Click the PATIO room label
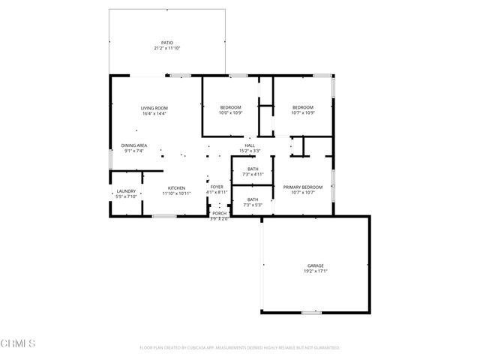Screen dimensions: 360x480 pyautogui.click(x=166, y=43)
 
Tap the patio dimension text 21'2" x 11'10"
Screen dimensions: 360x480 pyautogui.click(x=166, y=48)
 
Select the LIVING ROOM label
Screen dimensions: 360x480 pyautogui.click(x=154, y=108)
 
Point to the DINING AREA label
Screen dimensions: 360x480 pyautogui.click(x=133, y=145)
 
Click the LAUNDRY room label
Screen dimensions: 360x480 pyautogui.click(x=126, y=190)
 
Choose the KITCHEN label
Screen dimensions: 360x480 pyautogui.click(x=176, y=187)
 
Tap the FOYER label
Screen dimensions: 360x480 pyautogui.click(x=216, y=187)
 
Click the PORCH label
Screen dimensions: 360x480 pyautogui.click(x=219, y=213)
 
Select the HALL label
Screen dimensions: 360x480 pyautogui.click(x=250, y=145)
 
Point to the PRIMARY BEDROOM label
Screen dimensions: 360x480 pyautogui.click(x=302, y=187)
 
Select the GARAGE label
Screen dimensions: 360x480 pyautogui.click(x=315, y=265)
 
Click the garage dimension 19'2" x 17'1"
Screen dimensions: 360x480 pyautogui.click(x=315, y=271)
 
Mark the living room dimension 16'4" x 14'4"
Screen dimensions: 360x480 pyautogui.click(x=154, y=113)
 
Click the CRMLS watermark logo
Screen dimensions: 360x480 pyautogui.click(x=19, y=343)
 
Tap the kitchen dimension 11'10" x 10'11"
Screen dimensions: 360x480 pyautogui.click(x=176, y=193)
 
